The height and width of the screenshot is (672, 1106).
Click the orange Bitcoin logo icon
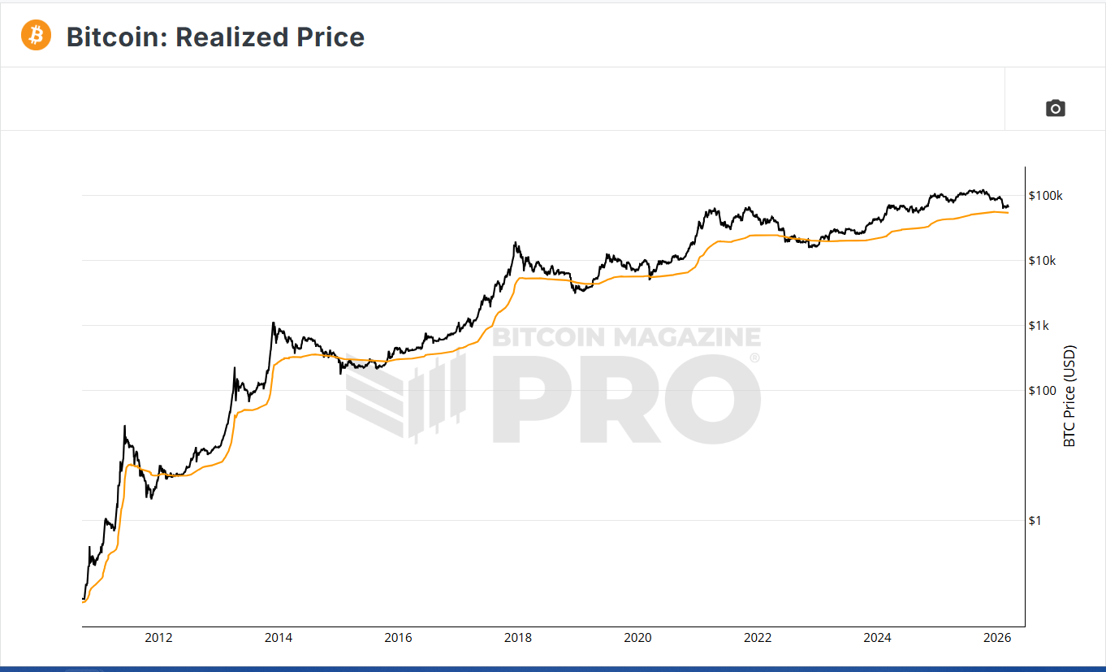(36, 36)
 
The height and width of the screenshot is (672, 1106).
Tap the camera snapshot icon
(1055, 108)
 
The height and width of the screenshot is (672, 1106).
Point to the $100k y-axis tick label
(1045, 196)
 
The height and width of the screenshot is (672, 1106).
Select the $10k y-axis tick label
(1042, 261)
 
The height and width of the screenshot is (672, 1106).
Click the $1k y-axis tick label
(1039, 326)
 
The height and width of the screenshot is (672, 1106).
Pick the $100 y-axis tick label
(1042, 391)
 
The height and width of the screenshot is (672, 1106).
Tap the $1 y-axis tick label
(1035, 521)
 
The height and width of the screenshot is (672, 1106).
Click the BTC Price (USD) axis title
(1069, 396)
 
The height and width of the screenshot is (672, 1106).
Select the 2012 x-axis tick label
(158, 638)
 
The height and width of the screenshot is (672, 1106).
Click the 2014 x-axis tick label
(279, 638)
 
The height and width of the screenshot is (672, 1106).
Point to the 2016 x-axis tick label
(398, 638)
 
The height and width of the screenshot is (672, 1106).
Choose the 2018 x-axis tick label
(518, 638)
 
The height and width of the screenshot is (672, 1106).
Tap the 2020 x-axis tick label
(637, 638)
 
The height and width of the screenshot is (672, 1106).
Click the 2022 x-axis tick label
(758, 638)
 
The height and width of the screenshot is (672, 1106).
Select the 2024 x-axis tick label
(877, 638)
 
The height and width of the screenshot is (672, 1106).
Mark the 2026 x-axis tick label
(997, 638)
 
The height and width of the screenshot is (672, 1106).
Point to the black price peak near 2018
(515, 242)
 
